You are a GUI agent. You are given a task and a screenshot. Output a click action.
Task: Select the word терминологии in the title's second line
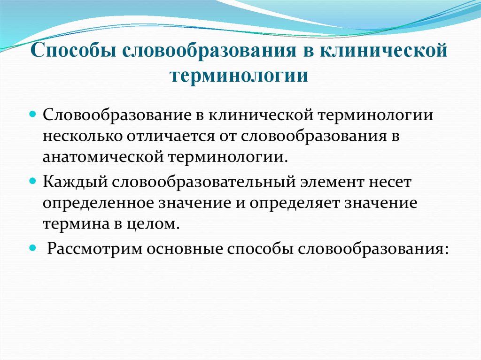pyautogui.click(x=240, y=75)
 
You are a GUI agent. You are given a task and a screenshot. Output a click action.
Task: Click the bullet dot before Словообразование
pyautogui.click(x=33, y=115)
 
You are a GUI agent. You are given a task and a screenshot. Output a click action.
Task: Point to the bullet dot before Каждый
pyautogui.click(x=33, y=181)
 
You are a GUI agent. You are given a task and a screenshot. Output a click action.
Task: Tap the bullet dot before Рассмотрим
pyautogui.click(x=33, y=247)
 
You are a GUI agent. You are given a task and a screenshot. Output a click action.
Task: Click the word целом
pyautogui.click(x=157, y=224)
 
